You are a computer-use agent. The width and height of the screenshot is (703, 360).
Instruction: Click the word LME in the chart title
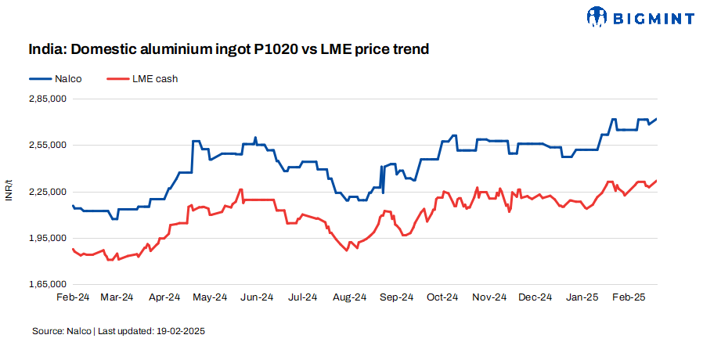pyautogui.click(x=337, y=49)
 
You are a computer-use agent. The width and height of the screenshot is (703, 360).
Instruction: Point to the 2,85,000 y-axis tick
pyautogui.click(x=47, y=99)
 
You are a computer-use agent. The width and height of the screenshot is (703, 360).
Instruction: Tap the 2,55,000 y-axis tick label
pyautogui.click(x=47, y=145)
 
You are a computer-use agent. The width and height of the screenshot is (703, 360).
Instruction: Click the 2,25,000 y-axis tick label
pyautogui.click(x=47, y=191)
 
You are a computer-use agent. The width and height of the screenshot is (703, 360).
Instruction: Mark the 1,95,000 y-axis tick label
pyautogui.click(x=47, y=237)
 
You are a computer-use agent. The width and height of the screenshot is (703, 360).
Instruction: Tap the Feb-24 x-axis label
pyautogui.click(x=72, y=297)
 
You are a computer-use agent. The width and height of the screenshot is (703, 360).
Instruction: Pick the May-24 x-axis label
pyautogui.click(x=211, y=297)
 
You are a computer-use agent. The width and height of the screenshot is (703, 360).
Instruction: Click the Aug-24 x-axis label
pyautogui.click(x=349, y=297)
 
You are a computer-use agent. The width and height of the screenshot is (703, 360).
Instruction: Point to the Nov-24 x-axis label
pyautogui.click(x=490, y=297)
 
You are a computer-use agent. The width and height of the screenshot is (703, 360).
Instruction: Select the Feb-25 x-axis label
pyautogui.click(x=629, y=297)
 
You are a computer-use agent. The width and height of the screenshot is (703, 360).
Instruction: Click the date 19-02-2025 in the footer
pyautogui.click(x=181, y=331)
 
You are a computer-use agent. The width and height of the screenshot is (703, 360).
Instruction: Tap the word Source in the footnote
pyautogui.click(x=46, y=331)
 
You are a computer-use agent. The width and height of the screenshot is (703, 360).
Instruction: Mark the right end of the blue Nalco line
pyautogui.click(x=657, y=119)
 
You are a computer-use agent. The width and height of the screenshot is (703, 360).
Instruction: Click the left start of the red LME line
pyautogui.click(x=72, y=249)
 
